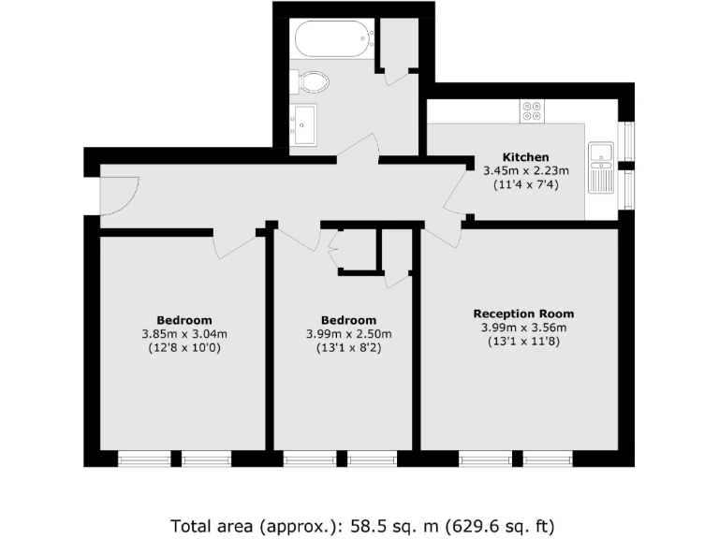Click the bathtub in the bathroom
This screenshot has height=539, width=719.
click(x=332, y=40)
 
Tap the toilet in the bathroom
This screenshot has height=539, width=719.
click(x=312, y=83)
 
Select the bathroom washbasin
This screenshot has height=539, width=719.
click(x=304, y=122)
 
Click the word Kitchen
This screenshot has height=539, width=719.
click(x=525, y=156)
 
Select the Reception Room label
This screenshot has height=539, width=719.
click(x=523, y=313)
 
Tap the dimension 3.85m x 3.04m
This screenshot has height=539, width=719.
click(x=184, y=333)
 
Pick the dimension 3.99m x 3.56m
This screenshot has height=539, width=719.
click(x=523, y=328)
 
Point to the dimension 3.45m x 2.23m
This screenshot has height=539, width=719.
click(x=525, y=170)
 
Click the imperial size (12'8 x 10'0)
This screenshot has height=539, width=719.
click(x=184, y=347)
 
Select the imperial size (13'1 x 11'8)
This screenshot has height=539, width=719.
click(x=523, y=342)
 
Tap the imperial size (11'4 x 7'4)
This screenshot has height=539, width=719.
click(x=525, y=184)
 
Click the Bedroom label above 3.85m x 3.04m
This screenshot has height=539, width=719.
click(x=184, y=319)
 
